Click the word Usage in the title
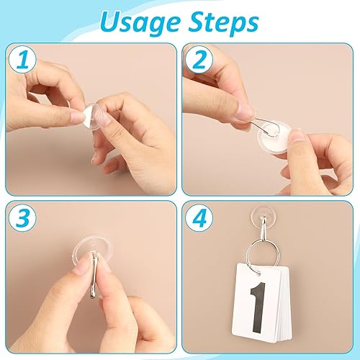point(140,23)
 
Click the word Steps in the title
point(224,23)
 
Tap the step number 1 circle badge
point(22,60)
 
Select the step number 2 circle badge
point(199,60)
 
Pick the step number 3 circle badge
point(22,218)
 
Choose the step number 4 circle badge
point(199,218)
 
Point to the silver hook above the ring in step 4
point(262,230)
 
